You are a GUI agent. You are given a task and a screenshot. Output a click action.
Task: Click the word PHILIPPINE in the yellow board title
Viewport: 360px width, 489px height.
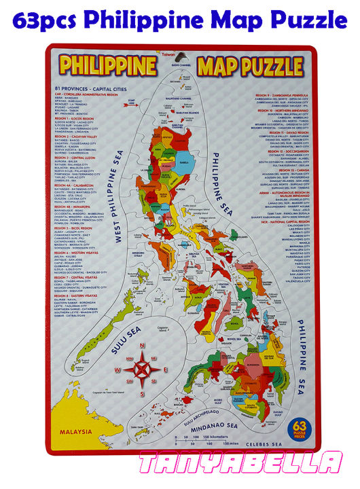click(x=107, y=66)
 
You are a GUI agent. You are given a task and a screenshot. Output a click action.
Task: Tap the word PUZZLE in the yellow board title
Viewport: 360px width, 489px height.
click(x=272, y=66)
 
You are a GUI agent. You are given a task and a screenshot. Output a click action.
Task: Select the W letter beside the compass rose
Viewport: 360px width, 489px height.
click(x=118, y=369)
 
